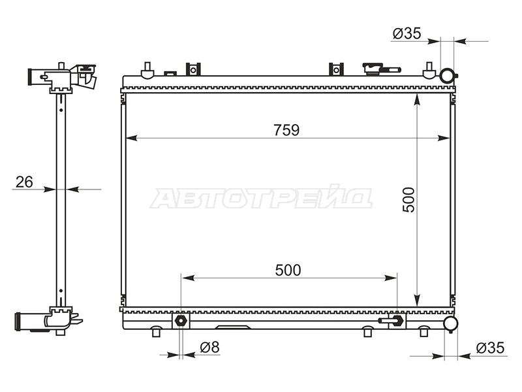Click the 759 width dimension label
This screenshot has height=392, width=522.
pyautogui.click(x=286, y=130)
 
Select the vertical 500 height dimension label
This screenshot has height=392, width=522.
pyautogui.click(x=408, y=200)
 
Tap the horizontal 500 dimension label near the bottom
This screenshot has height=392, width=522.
pyautogui.click(x=288, y=270)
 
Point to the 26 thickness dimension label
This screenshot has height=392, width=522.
pyautogui.click(x=24, y=182)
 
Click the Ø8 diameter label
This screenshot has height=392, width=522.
pyautogui.click(x=209, y=348)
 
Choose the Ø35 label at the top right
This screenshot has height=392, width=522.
pyautogui.click(x=407, y=33)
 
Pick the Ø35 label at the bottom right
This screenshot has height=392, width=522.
pyautogui.click(x=491, y=348)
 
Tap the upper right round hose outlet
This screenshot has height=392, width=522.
pyautogui.click(x=447, y=75)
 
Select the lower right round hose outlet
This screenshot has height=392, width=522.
pyautogui.click(x=451, y=323)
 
